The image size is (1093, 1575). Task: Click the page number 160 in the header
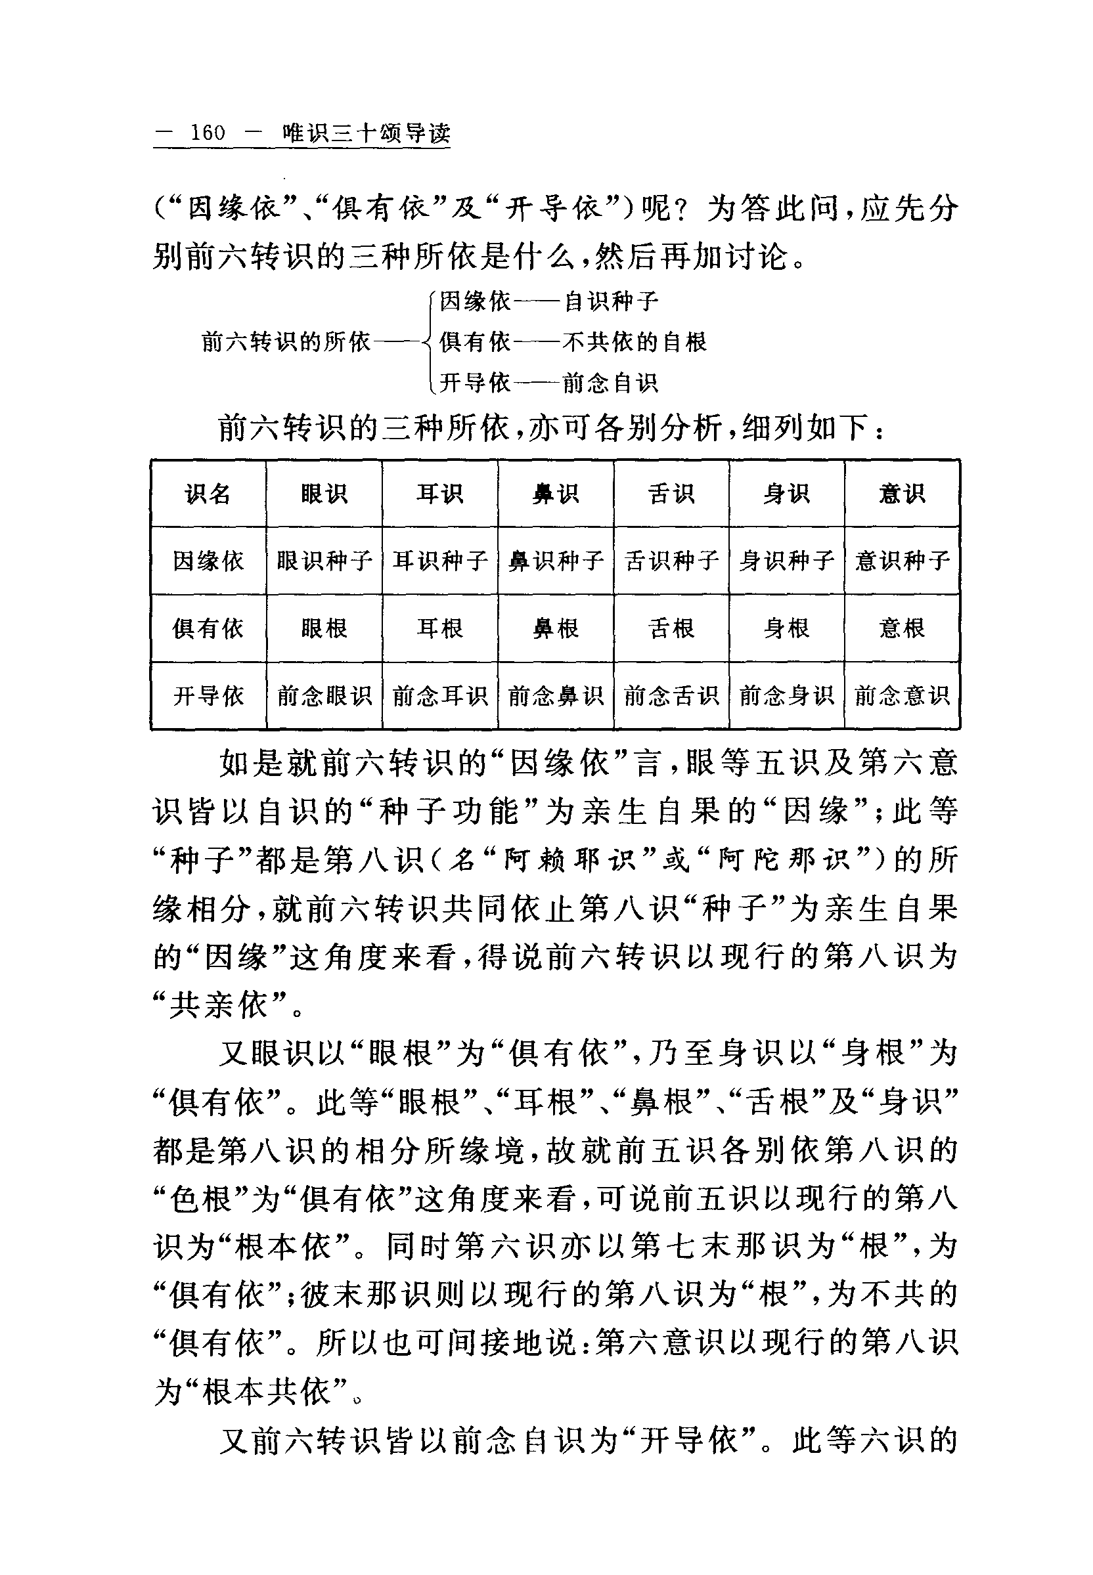[x=208, y=132]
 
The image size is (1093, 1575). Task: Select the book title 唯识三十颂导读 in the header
[x=367, y=133]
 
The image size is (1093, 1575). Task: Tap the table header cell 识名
[x=208, y=494]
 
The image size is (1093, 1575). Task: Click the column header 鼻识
[x=556, y=494]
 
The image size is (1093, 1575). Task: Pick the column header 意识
[x=902, y=494]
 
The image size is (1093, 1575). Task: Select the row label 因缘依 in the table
[x=208, y=561]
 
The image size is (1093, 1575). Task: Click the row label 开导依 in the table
[x=208, y=696]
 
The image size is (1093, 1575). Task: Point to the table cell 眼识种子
[x=324, y=561]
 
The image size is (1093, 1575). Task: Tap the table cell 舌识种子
[x=671, y=561]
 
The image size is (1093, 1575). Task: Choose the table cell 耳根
[x=439, y=628]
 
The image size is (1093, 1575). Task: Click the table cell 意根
[x=902, y=628]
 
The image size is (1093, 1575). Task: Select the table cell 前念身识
[x=786, y=696]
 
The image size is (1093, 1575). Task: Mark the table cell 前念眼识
[x=324, y=696]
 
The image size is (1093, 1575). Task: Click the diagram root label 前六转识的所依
[x=286, y=341]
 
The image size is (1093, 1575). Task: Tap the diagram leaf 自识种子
[x=610, y=301]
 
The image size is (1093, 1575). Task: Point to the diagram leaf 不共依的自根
[x=634, y=341]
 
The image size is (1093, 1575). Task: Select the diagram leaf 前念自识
[x=610, y=383]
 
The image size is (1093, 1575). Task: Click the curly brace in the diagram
[x=429, y=341]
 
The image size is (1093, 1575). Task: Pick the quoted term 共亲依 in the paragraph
[x=219, y=1006]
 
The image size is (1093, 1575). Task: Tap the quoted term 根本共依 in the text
[x=267, y=1392]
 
